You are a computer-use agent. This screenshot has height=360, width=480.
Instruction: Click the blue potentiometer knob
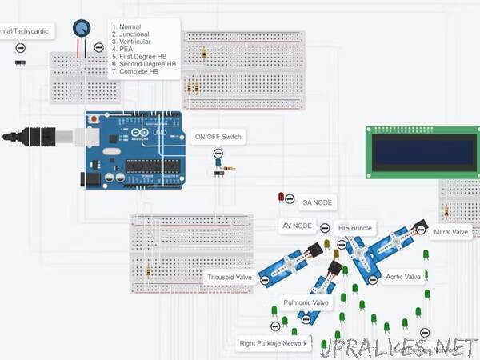click(81, 29)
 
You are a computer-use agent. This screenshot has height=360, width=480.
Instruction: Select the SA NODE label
click(317, 202)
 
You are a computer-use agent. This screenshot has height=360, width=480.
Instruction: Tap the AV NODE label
click(297, 226)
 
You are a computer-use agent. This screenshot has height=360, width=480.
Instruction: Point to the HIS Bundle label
click(355, 228)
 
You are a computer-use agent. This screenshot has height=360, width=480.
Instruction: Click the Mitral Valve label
click(450, 232)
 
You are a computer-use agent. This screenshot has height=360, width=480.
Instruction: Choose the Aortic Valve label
click(403, 277)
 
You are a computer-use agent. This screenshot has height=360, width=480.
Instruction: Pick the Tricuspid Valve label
click(230, 278)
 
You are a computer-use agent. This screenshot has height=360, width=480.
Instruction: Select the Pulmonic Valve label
click(306, 303)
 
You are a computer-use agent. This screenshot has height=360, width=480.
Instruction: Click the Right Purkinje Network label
click(274, 343)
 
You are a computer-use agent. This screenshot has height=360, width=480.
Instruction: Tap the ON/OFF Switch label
click(218, 137)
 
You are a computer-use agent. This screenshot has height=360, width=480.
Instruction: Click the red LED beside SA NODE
click(282, 196)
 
